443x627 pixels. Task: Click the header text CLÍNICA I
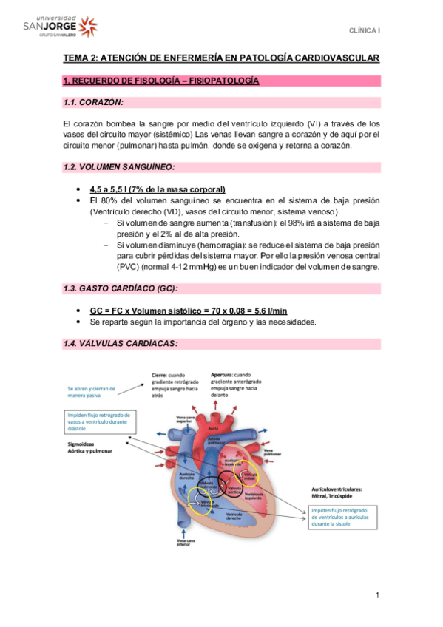[x=365, y=30]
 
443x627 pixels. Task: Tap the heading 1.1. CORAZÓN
[x=94, y=102]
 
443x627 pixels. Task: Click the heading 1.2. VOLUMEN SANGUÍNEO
[x=119, y=167]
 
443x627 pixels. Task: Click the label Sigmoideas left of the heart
[x=82, y=444]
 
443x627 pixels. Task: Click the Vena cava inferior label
[x=186, y=544]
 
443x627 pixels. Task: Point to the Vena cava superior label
[x=185, y=418]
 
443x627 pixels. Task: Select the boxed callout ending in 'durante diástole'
[x=100, y=421]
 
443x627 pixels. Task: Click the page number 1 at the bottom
[x=377, y=594]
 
